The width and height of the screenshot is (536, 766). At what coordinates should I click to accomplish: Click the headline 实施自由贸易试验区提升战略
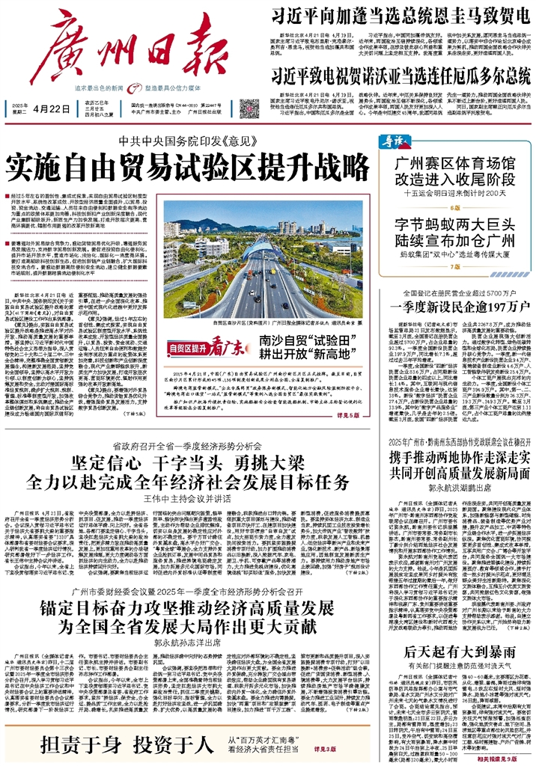189,160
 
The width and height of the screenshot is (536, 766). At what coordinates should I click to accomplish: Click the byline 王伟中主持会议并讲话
190,498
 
